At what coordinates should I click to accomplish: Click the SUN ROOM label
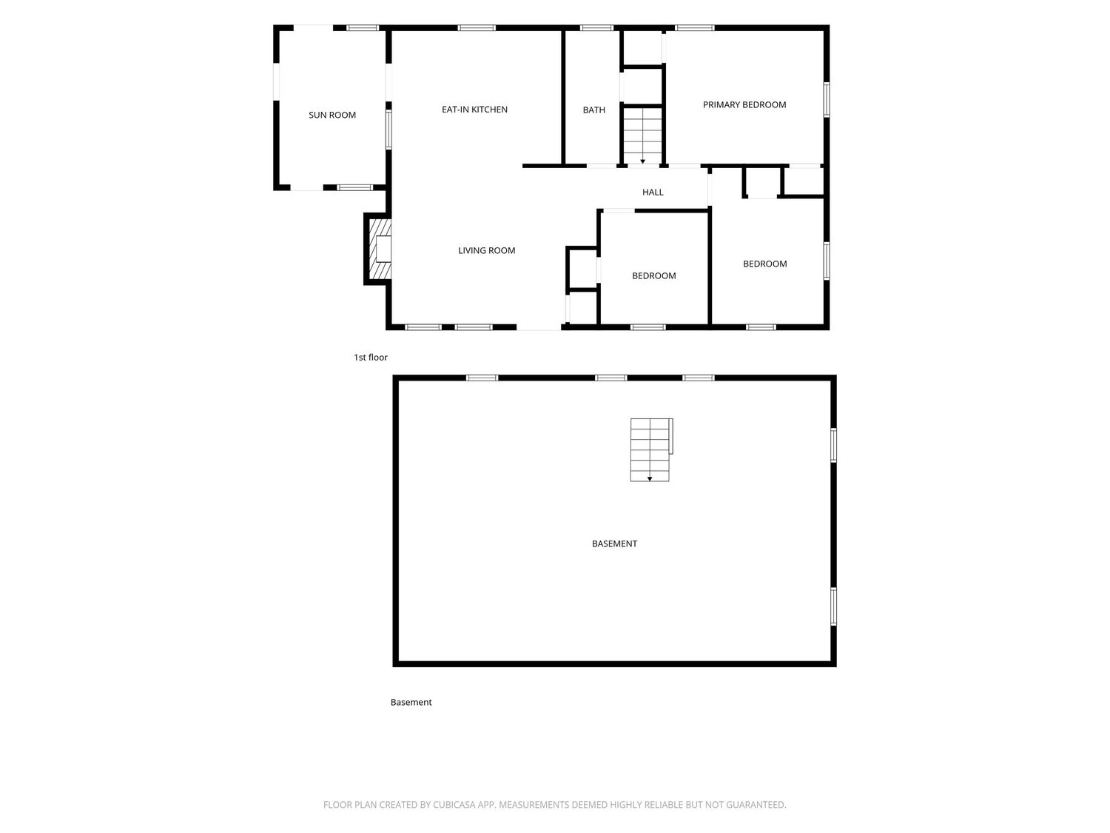332,115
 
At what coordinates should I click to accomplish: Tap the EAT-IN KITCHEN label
474,110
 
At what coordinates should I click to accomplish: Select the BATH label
593,110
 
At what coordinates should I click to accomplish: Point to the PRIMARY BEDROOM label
744,104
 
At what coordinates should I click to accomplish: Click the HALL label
653,193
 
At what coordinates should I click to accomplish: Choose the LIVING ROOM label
486,250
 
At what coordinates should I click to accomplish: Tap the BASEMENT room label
614,543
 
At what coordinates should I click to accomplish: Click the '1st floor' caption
371,358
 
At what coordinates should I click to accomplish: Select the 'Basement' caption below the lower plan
411,702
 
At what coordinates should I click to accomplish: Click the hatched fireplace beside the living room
380,249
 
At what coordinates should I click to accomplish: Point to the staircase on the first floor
642,136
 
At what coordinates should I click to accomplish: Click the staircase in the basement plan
650,449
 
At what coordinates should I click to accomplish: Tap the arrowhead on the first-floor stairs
643,161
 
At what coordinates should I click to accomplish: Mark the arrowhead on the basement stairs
650,479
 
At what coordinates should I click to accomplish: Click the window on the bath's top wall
596,28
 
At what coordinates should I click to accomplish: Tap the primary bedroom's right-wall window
827,100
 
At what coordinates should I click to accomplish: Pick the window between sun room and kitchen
388,130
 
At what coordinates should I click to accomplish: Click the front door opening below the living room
539,327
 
